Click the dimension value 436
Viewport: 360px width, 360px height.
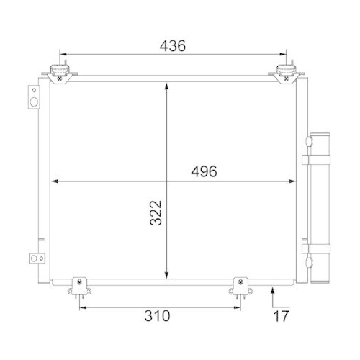click(173, 45)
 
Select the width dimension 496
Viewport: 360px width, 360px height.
click(204, 171)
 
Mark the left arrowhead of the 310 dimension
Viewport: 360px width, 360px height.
click(81, 307)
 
